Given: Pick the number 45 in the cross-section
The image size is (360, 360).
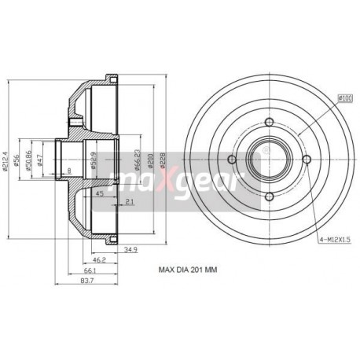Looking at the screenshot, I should coord(99,193).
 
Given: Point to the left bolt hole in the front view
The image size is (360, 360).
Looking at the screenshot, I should coord(231,159).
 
